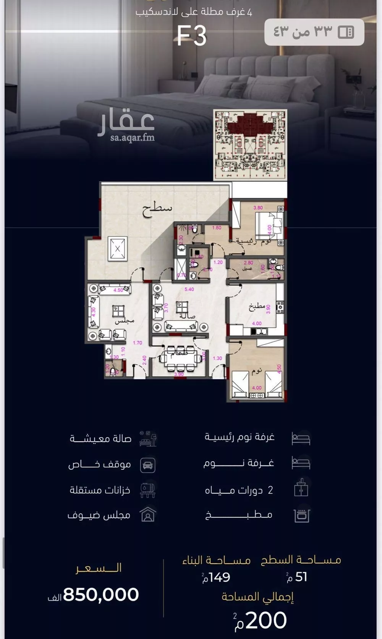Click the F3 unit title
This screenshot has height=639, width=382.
click(x=192, y=36)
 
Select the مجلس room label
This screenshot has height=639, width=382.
click(x=125, y=321)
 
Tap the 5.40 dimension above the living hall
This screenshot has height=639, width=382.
click(x=189, y=289)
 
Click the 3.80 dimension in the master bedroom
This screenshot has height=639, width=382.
click(x=258, y=208)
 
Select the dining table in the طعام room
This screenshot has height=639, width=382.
click(x=181, y=359)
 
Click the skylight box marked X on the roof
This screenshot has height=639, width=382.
click(x=117, y=249)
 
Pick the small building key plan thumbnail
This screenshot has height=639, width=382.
click(x=250, y=145)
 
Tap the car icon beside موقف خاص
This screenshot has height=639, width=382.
click(x=148, y=465)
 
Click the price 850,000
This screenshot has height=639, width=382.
click(x=101, y=594)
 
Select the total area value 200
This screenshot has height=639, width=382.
click(x=266, y=620)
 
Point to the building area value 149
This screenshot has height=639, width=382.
click(x=219, y=577)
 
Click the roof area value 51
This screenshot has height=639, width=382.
click(x=301, y=577)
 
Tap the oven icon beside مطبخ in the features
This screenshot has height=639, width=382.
click(x=301, y=515)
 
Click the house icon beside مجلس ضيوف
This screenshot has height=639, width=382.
click(x=148, y=515)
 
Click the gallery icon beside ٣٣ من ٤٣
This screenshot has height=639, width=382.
click(x=346, y=32)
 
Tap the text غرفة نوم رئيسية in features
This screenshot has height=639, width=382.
click(x=240, y=437)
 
